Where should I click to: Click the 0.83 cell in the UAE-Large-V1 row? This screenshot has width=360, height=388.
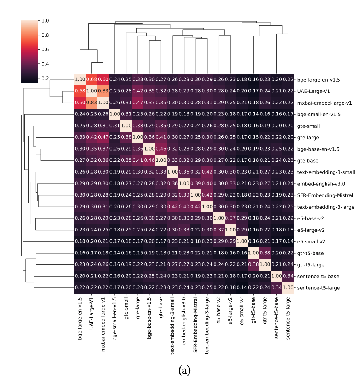click(103, 91)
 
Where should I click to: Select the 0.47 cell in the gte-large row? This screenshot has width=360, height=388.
click(103, 137)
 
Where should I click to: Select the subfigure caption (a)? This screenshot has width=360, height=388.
click(184, 369)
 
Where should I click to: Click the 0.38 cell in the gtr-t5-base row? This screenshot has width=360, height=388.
click(265, 253)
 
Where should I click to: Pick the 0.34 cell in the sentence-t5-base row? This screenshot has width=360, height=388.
click(288, 276)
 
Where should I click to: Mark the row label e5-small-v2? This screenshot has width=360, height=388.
click(312, 241)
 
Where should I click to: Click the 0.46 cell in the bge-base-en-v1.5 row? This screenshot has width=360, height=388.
click(161, 149)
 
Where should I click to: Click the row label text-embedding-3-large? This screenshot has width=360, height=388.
click(326, 207)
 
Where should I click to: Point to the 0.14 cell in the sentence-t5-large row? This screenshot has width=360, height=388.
click(242, 288)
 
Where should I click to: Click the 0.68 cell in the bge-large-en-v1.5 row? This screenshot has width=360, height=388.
click(92, 80)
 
